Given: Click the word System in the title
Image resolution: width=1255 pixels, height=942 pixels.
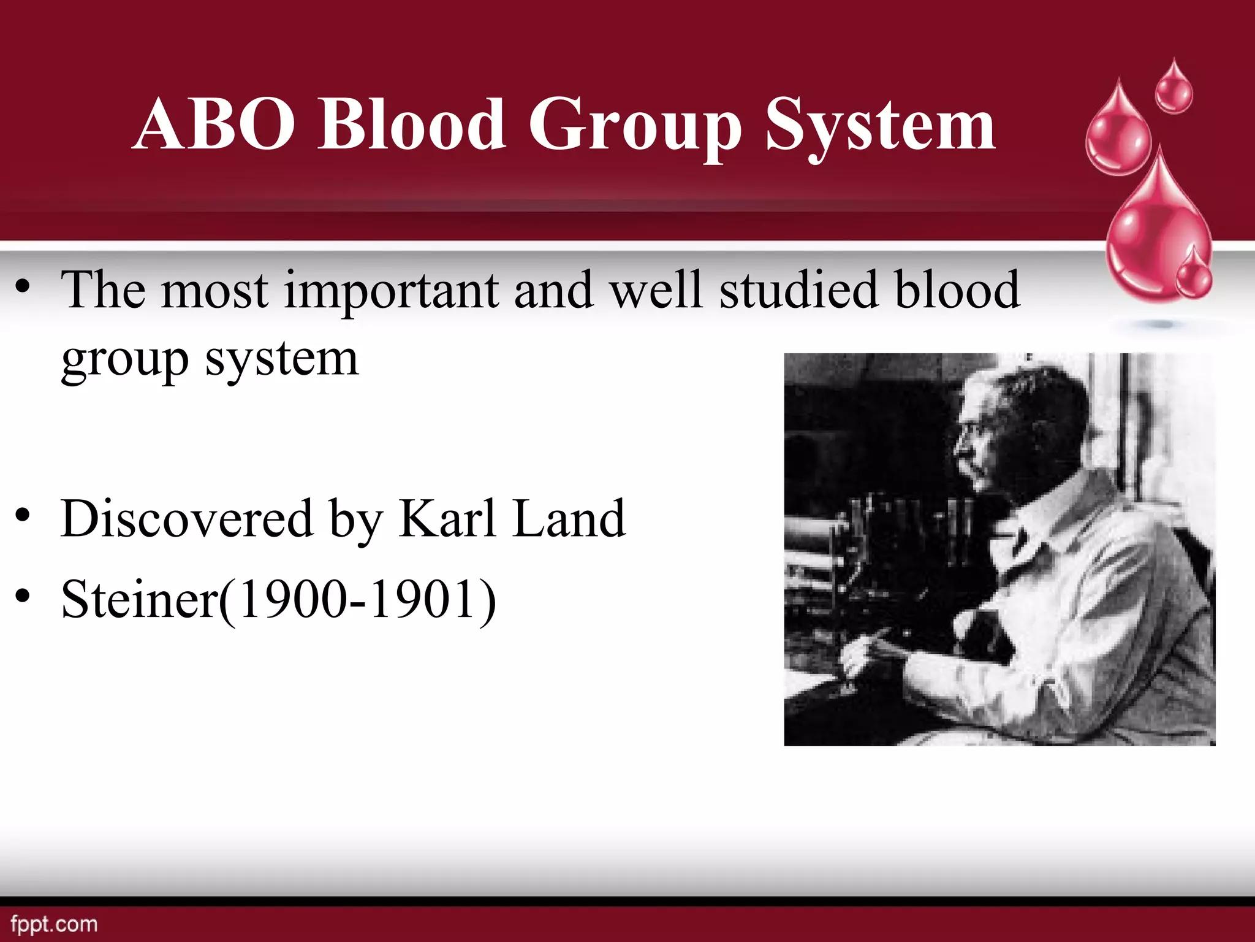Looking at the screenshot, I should pyautogui.click(x=880, y=126).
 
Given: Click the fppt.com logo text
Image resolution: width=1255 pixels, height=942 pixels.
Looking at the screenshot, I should pyautogui.click(x=54, y=924).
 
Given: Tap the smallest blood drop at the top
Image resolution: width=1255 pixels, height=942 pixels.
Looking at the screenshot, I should pyautogui.click(x=1173, y=89).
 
